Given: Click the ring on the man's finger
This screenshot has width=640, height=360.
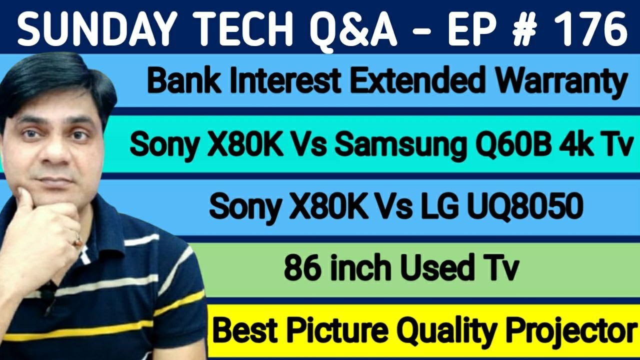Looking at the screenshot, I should tap(77, 242).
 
